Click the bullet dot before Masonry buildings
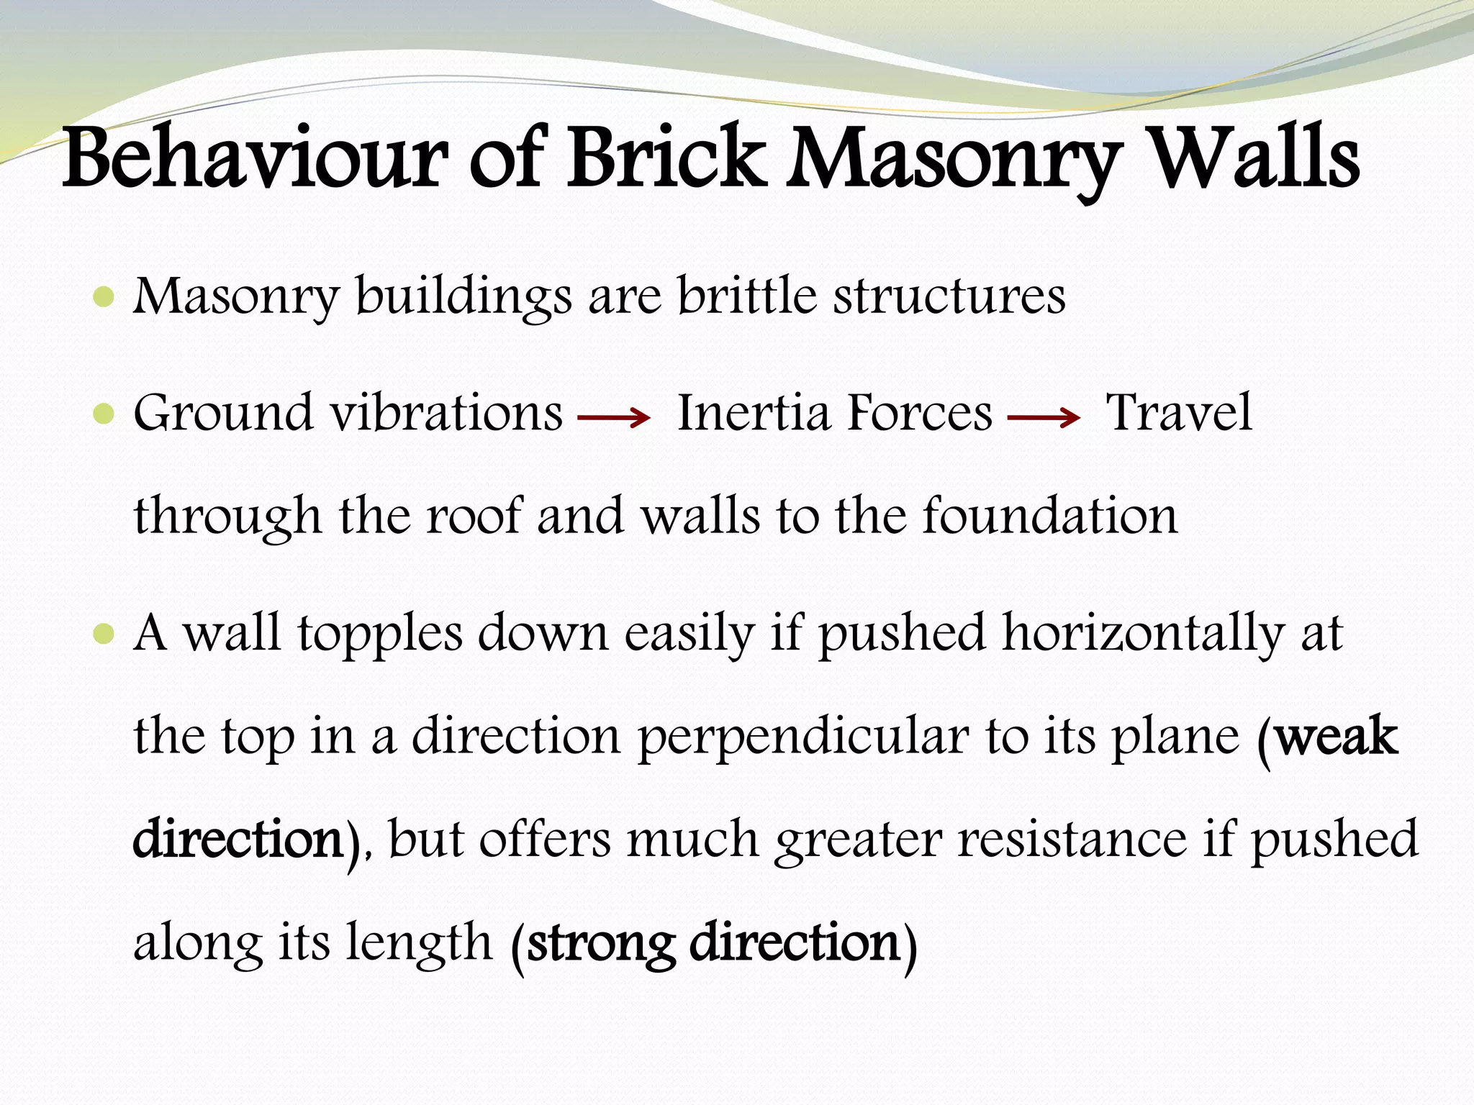click(x=104, y=297)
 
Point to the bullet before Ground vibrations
click(x=104, y=414)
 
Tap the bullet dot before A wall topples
click(x=104, y=634)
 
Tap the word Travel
click(x=1179, y=413)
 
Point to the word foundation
click(x=1050, y=516)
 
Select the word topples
click(x=380, y=634)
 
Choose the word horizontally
click(x=1144, y=634)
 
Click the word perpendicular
click(x=803, y=737)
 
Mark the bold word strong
click(x=601, y=942)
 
